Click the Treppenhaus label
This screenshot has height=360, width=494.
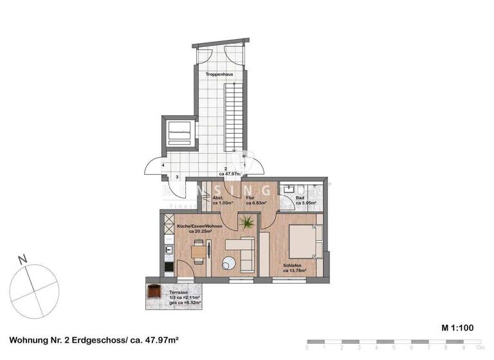pyautogui.click(x=219, y=75)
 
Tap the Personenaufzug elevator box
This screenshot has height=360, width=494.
pyautogui.click(x=178, y=133)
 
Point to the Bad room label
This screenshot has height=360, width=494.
pyautogui.click(x=300, y=197)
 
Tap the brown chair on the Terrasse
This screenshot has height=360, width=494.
pyautogui.click(x=154, y=292)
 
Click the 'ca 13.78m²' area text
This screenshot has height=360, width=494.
pyautogui.click(x=293, y=271)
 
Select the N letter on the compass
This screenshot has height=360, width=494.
pyautogui.click(x=23, y=260)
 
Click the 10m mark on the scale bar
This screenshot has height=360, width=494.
pyautogui.click(x=477, y=347)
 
